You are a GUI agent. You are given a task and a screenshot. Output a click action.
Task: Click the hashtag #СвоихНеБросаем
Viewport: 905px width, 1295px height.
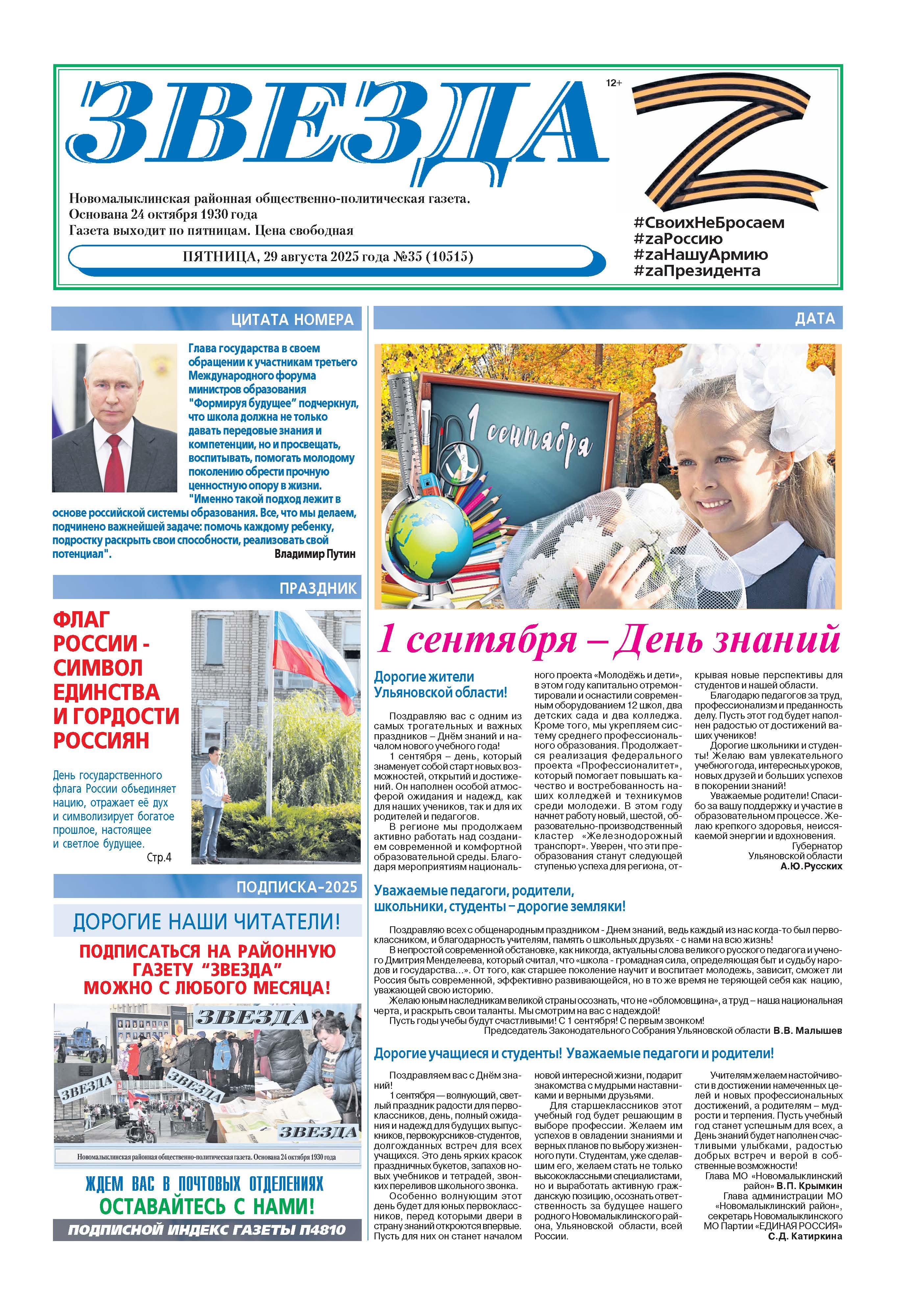tap(709, 223)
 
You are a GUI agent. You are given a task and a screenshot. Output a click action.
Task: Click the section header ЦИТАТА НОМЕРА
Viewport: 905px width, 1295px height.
tap(292, 320)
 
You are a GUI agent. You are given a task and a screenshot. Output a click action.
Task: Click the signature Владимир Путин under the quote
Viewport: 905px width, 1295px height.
tap(315, 554)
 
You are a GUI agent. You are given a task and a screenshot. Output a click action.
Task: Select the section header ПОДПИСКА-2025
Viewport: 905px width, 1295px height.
tap(297, 887)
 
